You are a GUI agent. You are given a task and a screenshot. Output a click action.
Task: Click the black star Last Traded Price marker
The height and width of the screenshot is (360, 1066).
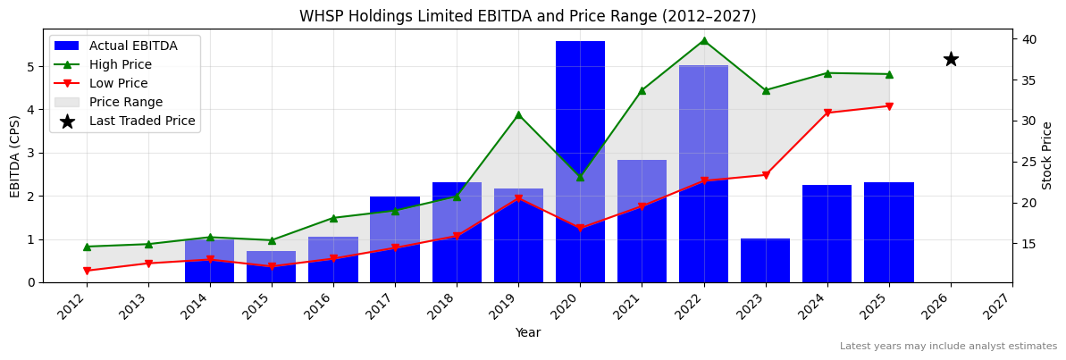click(951, 59)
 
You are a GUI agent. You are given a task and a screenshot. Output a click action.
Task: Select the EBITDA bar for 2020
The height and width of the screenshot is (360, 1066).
click(580, 162)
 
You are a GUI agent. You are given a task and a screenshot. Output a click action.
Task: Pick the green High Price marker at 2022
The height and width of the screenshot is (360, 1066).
click(703, 40)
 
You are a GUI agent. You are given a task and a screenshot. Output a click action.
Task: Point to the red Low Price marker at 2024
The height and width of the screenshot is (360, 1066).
click(827, 113)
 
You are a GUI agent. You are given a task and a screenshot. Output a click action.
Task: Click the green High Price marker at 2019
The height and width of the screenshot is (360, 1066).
click(518, 114)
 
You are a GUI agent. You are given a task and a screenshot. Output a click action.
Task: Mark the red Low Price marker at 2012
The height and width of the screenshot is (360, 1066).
click(87, 271)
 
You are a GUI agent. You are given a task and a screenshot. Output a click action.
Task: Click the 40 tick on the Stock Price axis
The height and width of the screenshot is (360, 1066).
click(1028, 39)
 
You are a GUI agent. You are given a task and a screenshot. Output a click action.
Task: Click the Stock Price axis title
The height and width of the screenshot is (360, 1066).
click(1047, 155)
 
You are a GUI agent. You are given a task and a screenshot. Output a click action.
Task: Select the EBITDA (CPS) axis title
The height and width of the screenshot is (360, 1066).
click(15, 155)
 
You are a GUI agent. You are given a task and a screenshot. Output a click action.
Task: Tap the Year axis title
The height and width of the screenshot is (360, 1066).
click(527, 333)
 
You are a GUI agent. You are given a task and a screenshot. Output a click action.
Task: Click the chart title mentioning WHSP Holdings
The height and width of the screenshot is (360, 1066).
click(527, 16)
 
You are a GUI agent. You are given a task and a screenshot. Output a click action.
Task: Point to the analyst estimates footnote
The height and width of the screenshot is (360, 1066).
click(948, 347)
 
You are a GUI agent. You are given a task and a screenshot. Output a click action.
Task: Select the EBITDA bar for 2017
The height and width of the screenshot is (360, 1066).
click(395, 239)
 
